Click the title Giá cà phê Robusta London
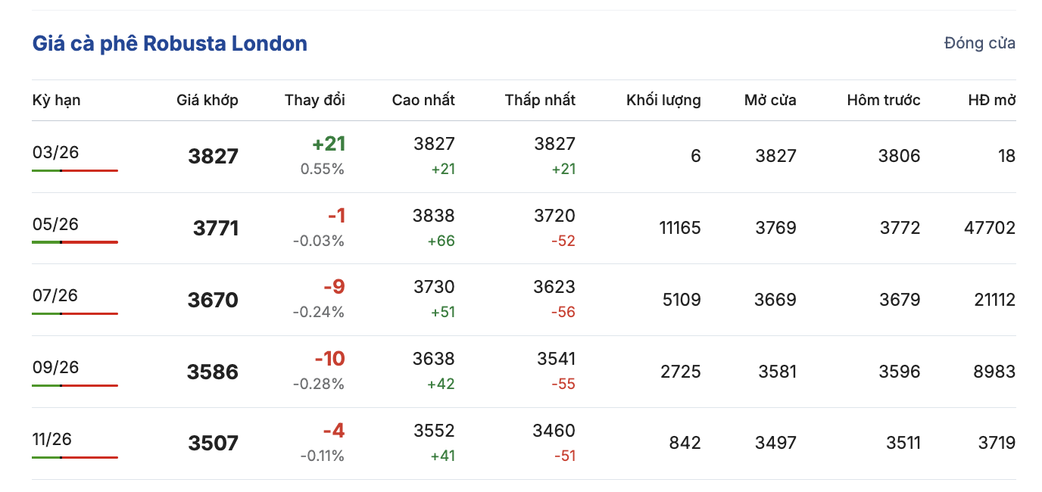(x=170, y=43)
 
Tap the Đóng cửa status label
(x=979, y=43)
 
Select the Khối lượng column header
(x=663, y=100)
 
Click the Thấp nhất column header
(x=540, y=100)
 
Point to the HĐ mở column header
(x=991, y=100)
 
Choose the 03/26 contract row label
(x=55, y=153)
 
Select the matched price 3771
(x=216, y=228)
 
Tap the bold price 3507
(x=213, y=443)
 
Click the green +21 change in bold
(x=328, y=144)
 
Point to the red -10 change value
(x=329, y=359)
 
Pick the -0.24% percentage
(x=318, y=312)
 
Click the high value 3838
(x=434, y=216)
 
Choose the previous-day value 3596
(x=900, y=372)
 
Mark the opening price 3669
(x=775, y=300)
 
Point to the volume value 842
(x=685, y=443)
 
